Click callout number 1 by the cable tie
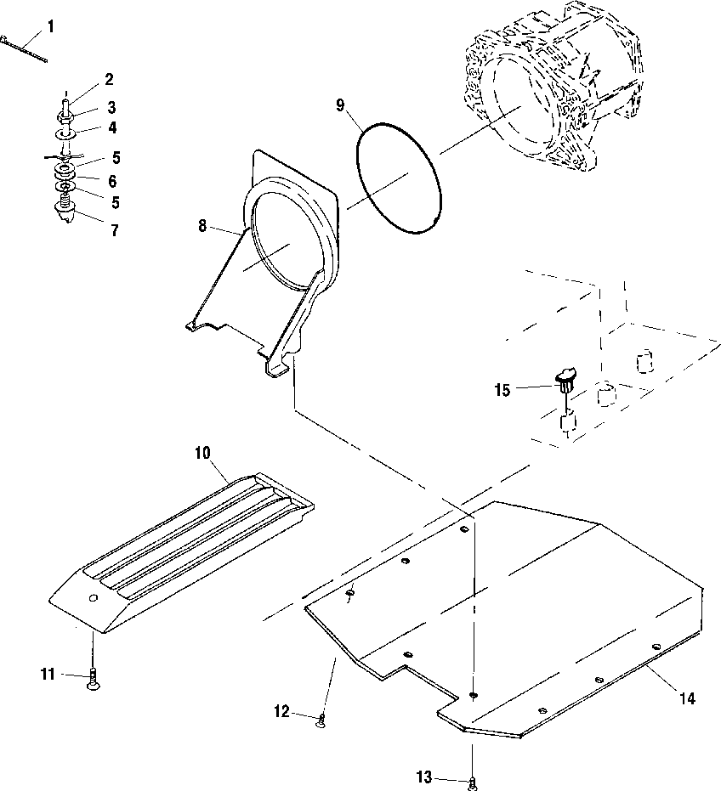click(51, 26)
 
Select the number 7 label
click(114, 230)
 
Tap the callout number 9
click(341, 105)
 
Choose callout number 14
click(687, 698)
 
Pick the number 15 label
click(503, 389)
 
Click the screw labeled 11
click(93, 680)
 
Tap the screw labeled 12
click(321, 722)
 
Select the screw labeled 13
click(471, 780)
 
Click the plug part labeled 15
click(565, 379)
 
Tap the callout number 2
click(109, 79)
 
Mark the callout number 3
click(111, 108)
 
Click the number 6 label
click(112, 181)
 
